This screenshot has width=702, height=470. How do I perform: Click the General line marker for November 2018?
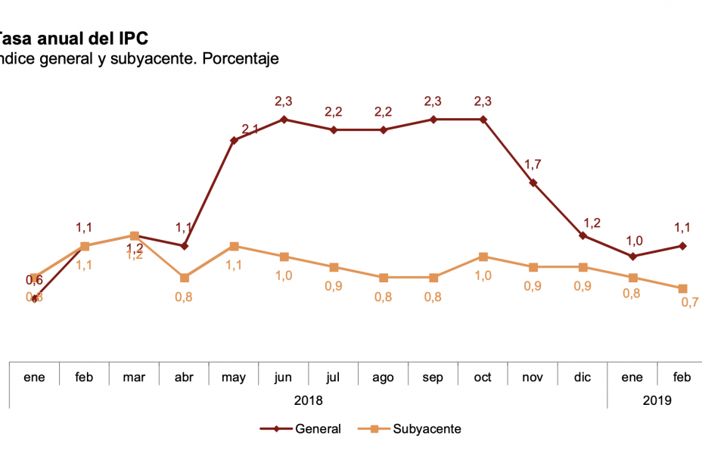[x=533, y=182]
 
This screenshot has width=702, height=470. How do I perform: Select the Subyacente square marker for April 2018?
[x=184, y=278]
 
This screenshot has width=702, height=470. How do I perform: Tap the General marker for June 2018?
[x=284, y=119]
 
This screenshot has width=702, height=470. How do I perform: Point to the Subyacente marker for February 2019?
[x=682, y=288]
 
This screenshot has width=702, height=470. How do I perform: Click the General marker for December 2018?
[x=582, y=235]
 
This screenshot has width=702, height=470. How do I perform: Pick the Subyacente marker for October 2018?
[x=483, y=257]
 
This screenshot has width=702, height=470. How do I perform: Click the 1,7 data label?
[x=533, y=164]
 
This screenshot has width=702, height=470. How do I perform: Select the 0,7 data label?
[x=689, y=303]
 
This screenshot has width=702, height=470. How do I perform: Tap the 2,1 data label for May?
[x=250, y=130]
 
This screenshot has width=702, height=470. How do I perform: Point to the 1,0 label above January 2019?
[x=634, y=241]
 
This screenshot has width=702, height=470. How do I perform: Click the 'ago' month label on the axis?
[x=383, y=377]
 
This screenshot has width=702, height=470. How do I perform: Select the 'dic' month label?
[x=582, y=377]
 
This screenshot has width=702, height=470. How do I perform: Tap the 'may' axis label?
[x=234, y=377]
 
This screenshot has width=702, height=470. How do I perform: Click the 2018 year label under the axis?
[x=308, y=400]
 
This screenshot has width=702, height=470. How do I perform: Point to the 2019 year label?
[x=657, y=400]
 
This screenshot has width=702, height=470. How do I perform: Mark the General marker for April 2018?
[x=184, y=246]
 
